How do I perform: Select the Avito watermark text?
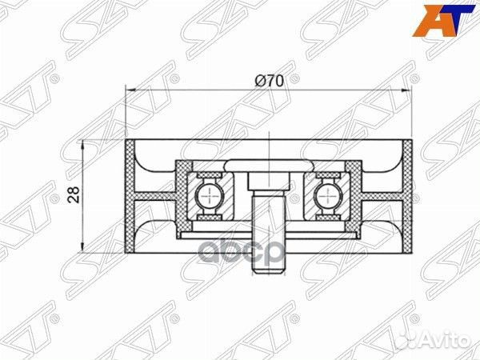445,341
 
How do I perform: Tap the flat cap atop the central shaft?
267,166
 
